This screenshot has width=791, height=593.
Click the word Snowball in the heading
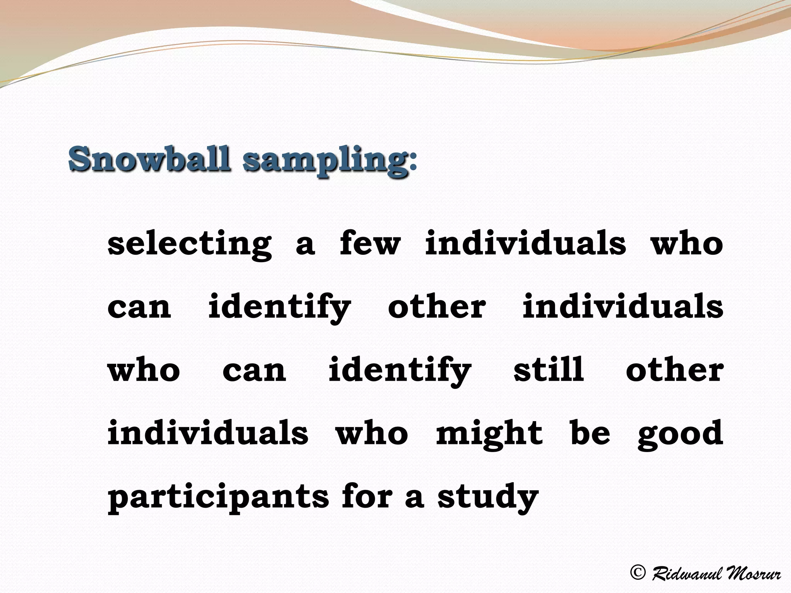pyautogui.click(x=150, y=159)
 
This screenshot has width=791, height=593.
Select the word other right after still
pyautogui.click(x=674, y=369)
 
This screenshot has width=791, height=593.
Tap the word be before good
pyautogui.click(x=590, y=432)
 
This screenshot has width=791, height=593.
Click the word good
pyautogui.click(x=680, y=434)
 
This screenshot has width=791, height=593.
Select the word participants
pyautogui.click(x=218, y=497)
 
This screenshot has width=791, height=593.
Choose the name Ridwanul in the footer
pyautogui.click(x=686, y=573)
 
